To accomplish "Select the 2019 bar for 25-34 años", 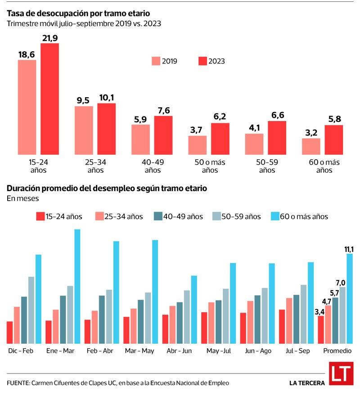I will pos(84,129).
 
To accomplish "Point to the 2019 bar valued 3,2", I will pos(311,145).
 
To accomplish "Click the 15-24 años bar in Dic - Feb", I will pos(10,332).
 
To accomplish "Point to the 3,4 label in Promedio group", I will pos(319,311).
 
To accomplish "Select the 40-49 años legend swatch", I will pos(157,216).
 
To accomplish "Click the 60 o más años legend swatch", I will pos(274,216).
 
